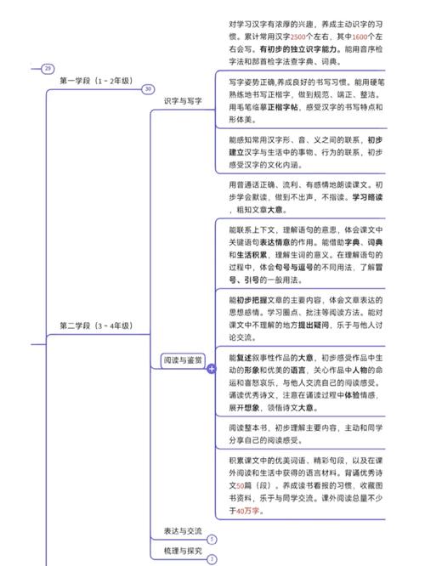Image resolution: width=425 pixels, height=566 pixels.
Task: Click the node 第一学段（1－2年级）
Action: (96, 81)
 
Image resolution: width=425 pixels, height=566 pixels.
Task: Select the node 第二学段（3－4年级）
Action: (95, 325)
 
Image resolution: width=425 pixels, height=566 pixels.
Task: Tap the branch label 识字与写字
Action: (183, 101)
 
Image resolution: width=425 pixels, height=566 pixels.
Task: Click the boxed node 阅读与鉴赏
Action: (183, 361)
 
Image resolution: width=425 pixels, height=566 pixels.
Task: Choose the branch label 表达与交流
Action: (183, 531)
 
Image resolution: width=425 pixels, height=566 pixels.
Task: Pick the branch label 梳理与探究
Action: (183, 551)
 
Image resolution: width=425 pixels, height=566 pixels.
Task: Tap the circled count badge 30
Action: (148, 89)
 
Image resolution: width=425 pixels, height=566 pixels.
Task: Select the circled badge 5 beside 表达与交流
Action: (212, 539)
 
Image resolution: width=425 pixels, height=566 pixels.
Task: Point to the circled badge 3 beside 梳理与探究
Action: (212, 559)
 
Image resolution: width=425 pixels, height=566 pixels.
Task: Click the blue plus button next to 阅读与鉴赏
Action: (212, 370)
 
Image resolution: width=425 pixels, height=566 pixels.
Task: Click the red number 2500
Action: (297, 37)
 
